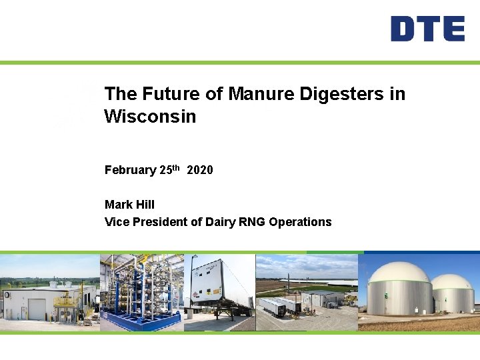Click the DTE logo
427,29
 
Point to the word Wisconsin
150,117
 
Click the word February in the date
130,170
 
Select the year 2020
200,170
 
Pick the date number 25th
170,169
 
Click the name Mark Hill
129,205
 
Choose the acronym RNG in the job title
251,222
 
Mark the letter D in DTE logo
403,29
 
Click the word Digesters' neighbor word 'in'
396,94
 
